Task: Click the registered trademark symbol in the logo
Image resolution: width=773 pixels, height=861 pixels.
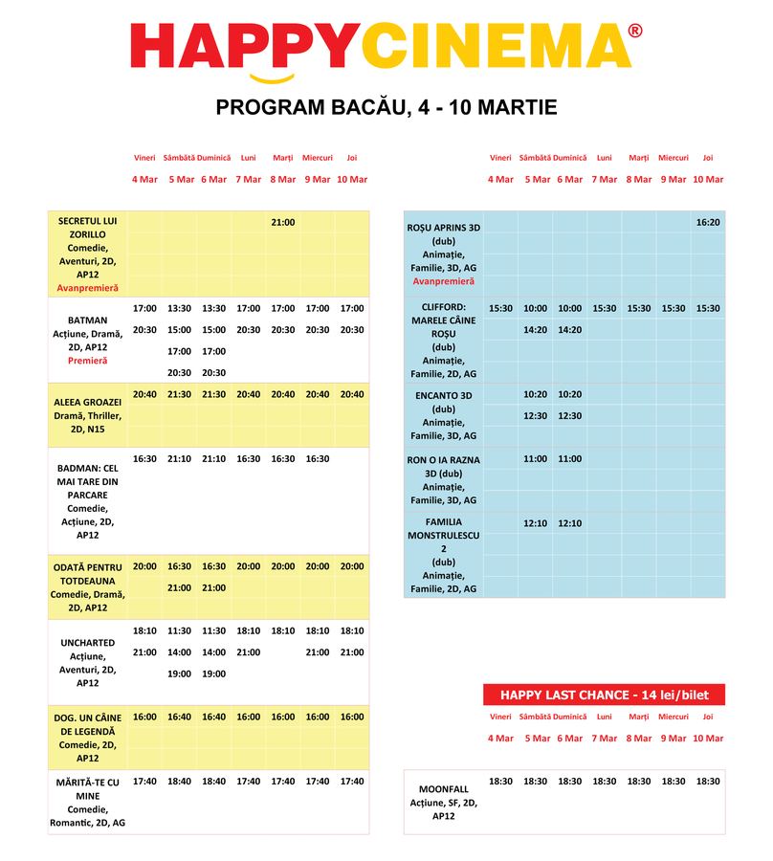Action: [635, 32]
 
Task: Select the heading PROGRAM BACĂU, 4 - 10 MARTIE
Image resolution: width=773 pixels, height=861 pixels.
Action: [386, 107]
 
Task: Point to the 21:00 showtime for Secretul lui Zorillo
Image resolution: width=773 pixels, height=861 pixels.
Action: [283, 222]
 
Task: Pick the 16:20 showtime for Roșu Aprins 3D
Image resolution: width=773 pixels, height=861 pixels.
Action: [708, 222]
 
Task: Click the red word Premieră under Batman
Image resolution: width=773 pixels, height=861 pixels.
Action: [88, 361]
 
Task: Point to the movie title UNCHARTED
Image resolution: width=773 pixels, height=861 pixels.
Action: [88, 643]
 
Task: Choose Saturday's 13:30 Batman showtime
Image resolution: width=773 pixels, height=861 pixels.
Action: [180, 308]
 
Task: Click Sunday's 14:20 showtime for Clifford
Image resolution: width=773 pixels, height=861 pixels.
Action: [570, 330]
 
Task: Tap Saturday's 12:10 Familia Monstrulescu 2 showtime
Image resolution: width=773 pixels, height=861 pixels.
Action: [536, 523]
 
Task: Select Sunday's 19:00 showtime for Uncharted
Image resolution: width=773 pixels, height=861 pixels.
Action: [214, 673]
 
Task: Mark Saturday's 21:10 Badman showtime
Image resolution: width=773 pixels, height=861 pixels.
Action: [180, 458]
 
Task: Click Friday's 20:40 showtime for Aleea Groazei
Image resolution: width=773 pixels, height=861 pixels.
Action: [144, 394]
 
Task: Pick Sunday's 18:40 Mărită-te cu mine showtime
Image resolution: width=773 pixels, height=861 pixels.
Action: [214, 782]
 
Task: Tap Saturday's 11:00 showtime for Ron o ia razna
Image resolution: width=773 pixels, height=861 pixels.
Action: [536, 459]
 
